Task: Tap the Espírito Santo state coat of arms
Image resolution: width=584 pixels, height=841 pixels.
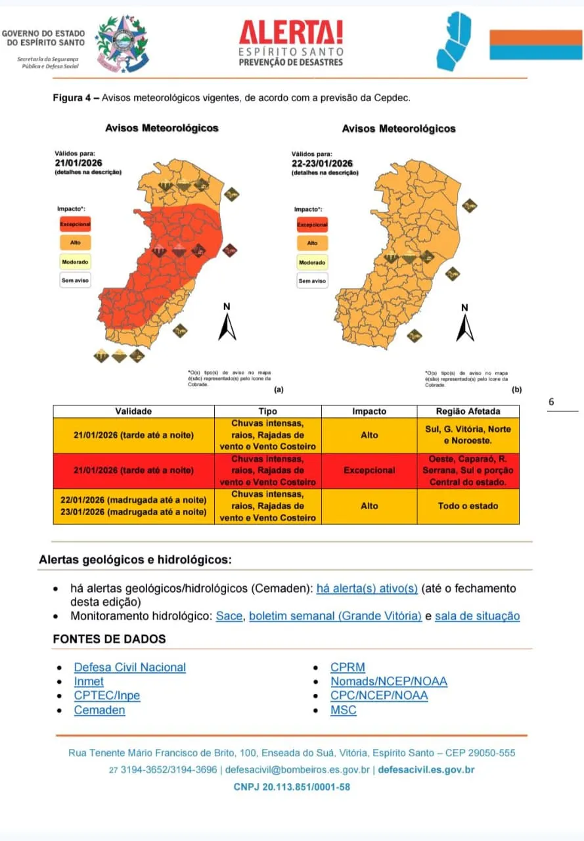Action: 123,43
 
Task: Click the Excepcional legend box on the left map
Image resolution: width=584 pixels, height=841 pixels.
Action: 75,224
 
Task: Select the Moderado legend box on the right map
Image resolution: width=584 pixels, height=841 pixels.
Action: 312,262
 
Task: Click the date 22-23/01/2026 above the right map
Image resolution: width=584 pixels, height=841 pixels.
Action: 322,164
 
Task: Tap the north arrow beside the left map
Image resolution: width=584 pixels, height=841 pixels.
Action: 227,322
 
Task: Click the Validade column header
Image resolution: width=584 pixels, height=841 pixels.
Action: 133,411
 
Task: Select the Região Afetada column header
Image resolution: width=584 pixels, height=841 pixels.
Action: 468,411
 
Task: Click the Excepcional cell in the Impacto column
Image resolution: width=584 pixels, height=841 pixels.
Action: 369,470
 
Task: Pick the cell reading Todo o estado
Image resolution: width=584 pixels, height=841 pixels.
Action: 468,506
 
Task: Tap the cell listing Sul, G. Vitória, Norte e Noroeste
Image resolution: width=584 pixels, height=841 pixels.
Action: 468,435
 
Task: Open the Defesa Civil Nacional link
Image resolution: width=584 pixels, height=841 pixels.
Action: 129,668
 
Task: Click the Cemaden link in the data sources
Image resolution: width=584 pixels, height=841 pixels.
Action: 99,710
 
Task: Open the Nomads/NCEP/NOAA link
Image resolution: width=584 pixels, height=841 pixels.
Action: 389,681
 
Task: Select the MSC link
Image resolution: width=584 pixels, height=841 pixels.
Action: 344,710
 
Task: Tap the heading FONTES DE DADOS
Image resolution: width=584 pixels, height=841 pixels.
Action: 109,639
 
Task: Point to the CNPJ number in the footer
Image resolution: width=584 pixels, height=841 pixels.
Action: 292,786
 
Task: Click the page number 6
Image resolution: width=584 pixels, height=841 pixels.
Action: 551,402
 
